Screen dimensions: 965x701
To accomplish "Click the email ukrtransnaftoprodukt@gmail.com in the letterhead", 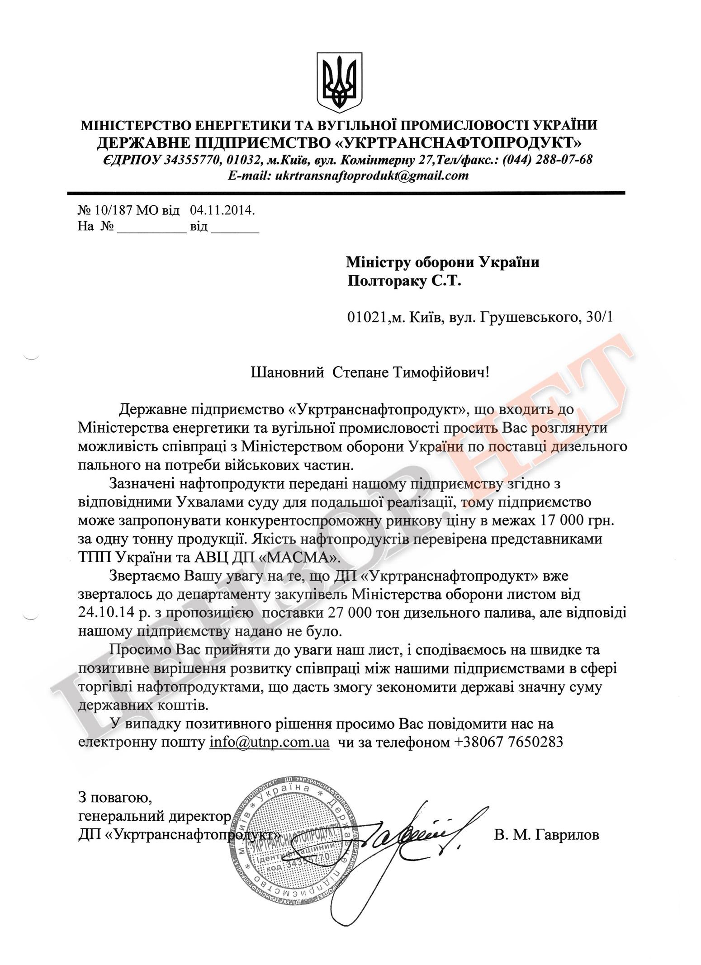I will click(x=371, y=175).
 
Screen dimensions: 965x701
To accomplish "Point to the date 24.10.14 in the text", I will click(x=104, y=613).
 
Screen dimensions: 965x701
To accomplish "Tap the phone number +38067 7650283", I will click(x=507, y=742).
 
